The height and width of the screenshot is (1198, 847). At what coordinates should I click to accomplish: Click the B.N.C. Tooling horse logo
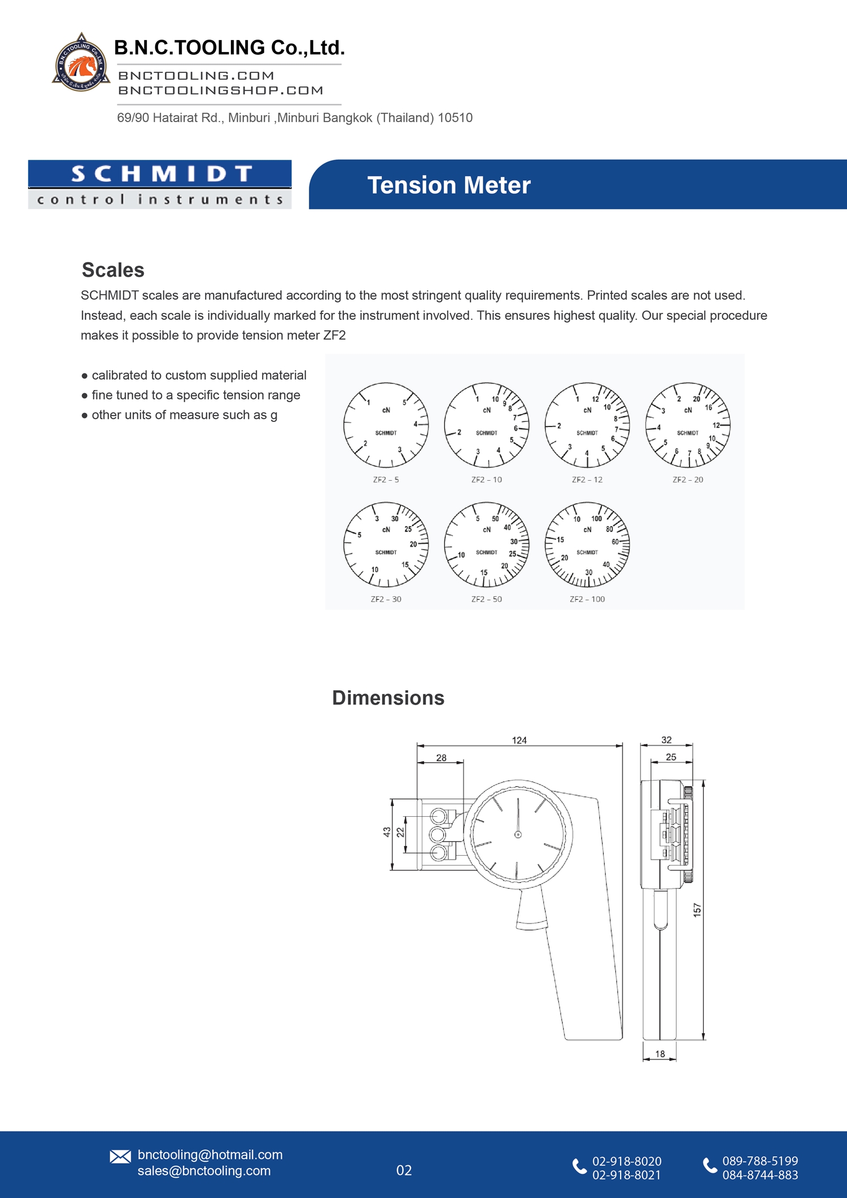pyautogui.click(x=81, y=63)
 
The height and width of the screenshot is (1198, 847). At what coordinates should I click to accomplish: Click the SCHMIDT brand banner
pyautogui.click(x=160, y=184)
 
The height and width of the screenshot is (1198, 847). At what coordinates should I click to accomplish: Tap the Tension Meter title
pyautogui.click(x=449, y=185)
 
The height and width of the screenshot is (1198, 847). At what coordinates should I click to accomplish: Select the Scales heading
pyautogui.click(x=113, y=270)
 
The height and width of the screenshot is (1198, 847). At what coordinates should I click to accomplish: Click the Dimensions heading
pyautogui.click(x=388, y=698)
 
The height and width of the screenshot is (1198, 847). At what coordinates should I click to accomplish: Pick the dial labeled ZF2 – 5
pyautogui.click(x=386, y=425)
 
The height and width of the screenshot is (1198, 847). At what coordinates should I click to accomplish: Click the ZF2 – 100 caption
pyautogui.click(x=587, y=599)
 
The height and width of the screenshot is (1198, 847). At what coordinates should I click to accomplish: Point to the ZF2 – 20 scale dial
pyautogui.click(x=687, y=425)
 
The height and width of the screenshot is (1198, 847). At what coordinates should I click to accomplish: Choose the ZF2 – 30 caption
pyautogui.click(x=386, y=599)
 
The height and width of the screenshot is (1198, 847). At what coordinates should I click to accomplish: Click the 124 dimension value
pyautogui.click(x=519, y=740)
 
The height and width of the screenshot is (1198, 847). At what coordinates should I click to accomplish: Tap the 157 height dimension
pyautogui.click(x=697, y=909)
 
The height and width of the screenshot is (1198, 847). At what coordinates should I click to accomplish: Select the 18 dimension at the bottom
pyautogui.click(x=660, y=1054)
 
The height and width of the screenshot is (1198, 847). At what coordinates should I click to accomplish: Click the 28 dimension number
pyautogui.click(x=441, y=758)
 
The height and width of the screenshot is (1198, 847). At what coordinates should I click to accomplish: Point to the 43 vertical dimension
pyautogui.click(x=387, y=832)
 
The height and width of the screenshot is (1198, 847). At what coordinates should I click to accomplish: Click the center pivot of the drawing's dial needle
pyautogui.click(x=518, y=834)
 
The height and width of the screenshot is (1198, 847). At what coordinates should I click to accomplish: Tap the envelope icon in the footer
pyautogui.click(x=120, y=1157)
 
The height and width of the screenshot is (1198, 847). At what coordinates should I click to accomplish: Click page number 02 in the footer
pyautogui.click(x=404, y=1170)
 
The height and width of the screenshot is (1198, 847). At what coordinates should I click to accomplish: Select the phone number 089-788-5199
pyautogui.click(x=760, y=1161)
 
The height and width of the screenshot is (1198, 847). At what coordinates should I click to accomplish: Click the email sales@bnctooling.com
pyautogui.click(x=204, y=1171)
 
